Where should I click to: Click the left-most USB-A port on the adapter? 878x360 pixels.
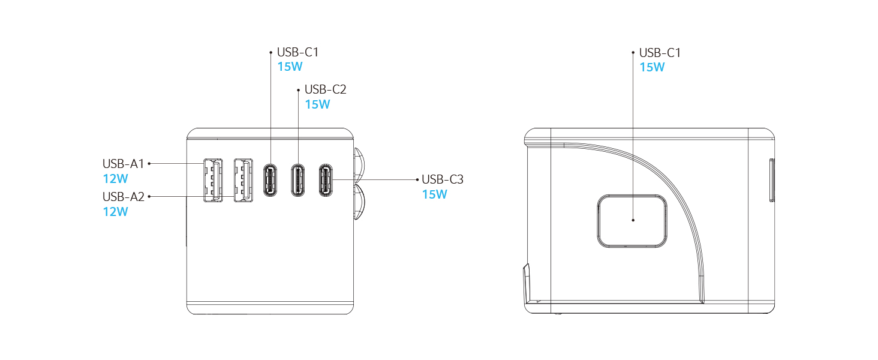pos(212,180)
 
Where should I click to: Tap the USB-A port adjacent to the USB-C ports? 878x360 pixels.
pos(243,180)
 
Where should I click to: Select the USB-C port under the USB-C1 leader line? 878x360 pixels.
pos(270,180)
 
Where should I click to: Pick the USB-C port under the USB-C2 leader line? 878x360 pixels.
pos(298,180)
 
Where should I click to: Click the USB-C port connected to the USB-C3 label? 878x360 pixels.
pos(326,180)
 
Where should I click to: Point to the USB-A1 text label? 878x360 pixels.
pos(124,163)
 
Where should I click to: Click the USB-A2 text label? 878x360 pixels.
pos(124,196)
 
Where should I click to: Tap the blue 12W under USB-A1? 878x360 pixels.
pos(115,178)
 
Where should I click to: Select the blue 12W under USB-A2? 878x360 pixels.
pos(115,211)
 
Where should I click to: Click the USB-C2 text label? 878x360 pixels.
pos(325,89)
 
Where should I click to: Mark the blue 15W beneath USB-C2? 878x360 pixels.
pos(317,104)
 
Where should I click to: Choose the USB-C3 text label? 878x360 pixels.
pos(443,179)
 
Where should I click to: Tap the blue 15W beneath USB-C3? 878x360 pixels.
pos(434,194)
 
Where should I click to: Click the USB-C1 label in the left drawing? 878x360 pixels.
pos(297,52)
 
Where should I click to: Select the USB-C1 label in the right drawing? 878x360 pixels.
pos(660,53)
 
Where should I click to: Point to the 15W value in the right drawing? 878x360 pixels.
pos(652,67)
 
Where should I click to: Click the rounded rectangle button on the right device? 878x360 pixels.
pos(632,221)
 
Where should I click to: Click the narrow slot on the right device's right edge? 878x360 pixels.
pos(772,179)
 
